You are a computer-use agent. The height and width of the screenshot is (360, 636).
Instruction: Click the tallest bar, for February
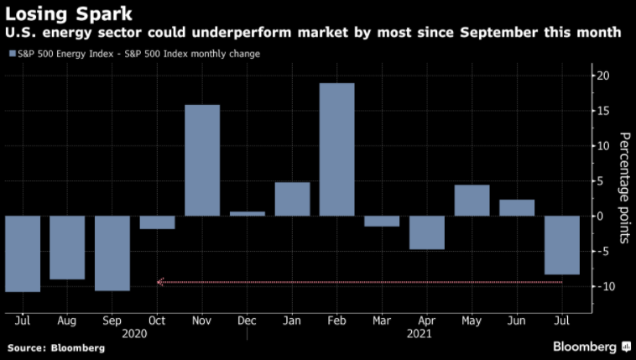pyautogui.click(x=336, y=149)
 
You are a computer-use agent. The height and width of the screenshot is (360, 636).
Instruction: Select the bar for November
pyautogui.click(x=202, y=160)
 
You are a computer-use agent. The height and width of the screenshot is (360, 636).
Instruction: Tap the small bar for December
pyautogui.click(x=247, y=213)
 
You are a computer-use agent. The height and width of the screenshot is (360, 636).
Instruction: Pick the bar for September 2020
pyautogui.click(x=112, y=253)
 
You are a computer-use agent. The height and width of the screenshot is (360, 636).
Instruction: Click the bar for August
pyautogui.click(x=67, y=248)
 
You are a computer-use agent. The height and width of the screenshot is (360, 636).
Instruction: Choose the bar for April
pyautogui.click(x=426, y=232)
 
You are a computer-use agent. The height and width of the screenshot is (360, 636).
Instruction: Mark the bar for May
pyautogui.click(x=472, y=201)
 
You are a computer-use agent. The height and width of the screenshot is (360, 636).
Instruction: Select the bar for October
pyautogui.click(x=157, y=222)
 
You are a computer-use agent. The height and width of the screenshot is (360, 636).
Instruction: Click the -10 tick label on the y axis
pyautogui.click(x=602, y=287)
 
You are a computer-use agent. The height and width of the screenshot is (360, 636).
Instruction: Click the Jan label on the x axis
pyautogui.click(x=292, y=320)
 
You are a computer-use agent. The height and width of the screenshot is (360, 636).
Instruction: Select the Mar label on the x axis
pyautogui.click(x=382, y=320)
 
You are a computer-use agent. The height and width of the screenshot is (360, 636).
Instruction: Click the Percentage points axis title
pyautogui.click(x=625, y=187)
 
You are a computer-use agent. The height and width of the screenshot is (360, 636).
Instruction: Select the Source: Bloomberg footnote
pyautogui.click(x=56, y=347)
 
